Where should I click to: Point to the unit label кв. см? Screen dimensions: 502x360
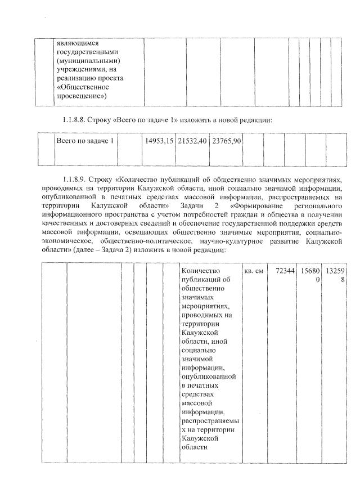click(254, 271)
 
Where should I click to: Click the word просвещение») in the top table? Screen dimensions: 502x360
click(82, 96)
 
